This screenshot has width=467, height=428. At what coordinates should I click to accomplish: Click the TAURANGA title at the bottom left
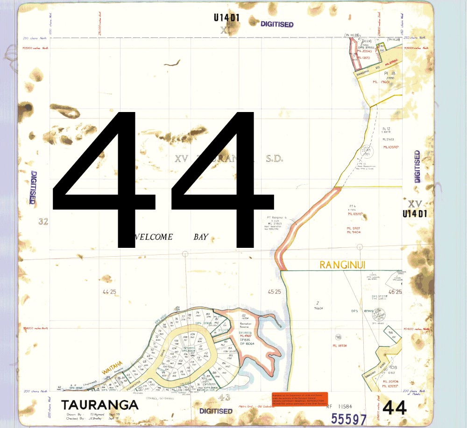click(99, 405)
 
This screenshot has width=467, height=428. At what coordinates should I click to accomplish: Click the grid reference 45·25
click(275, 292)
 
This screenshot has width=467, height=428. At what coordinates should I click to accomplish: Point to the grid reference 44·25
click(109, 292)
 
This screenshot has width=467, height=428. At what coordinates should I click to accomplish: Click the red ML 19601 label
click(381, 82)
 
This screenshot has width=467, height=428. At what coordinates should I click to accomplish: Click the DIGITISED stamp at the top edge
click(277, 24)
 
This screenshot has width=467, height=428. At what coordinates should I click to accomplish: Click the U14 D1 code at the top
click(226, 18)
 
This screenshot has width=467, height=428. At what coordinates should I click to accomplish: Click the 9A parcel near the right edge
click(391, 332)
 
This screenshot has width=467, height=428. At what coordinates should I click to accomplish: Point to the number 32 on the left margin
click(43, 222)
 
